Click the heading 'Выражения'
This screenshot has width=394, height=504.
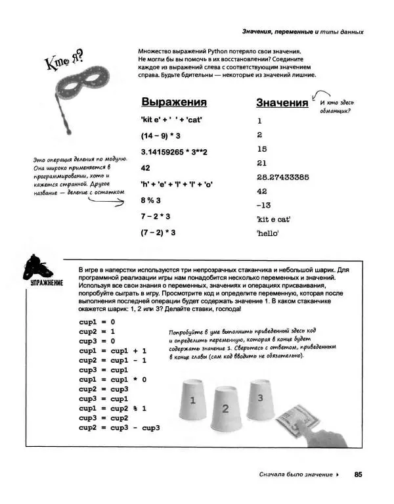(174, 103)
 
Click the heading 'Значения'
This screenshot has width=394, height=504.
(282, 103)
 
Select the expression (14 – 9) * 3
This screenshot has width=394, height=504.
(160, 135)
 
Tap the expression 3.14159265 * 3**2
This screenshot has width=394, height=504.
(174, 152)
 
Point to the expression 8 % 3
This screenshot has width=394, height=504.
(151, 200)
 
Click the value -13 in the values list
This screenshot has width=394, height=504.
(263, 205)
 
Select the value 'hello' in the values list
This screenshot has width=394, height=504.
(269, 233)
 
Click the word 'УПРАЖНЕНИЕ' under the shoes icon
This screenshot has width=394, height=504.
(45, 283)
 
